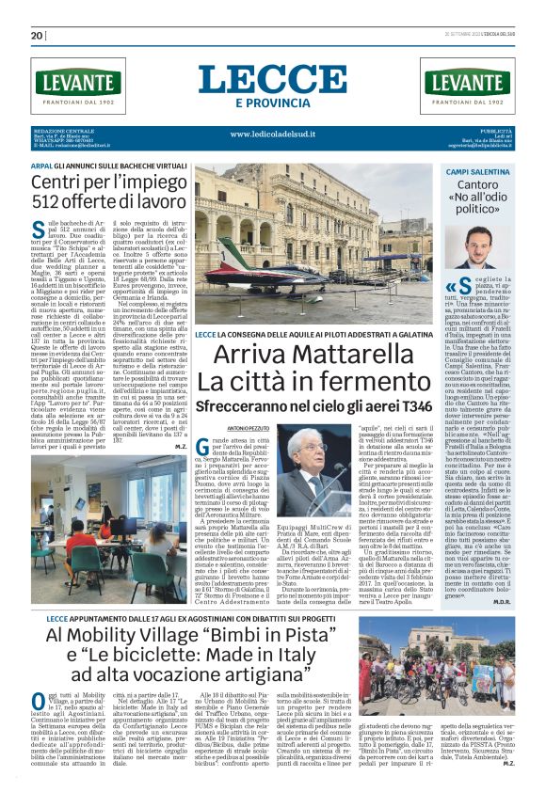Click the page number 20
[37, 36]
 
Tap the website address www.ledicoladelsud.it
[273, 135]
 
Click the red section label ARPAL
[41, 165]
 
